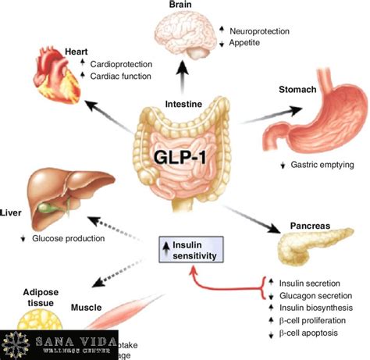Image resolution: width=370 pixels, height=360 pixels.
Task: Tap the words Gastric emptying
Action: [323, 165]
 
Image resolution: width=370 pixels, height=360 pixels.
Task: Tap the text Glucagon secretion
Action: [312, 295]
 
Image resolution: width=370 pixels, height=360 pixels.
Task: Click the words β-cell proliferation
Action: [312, 322]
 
